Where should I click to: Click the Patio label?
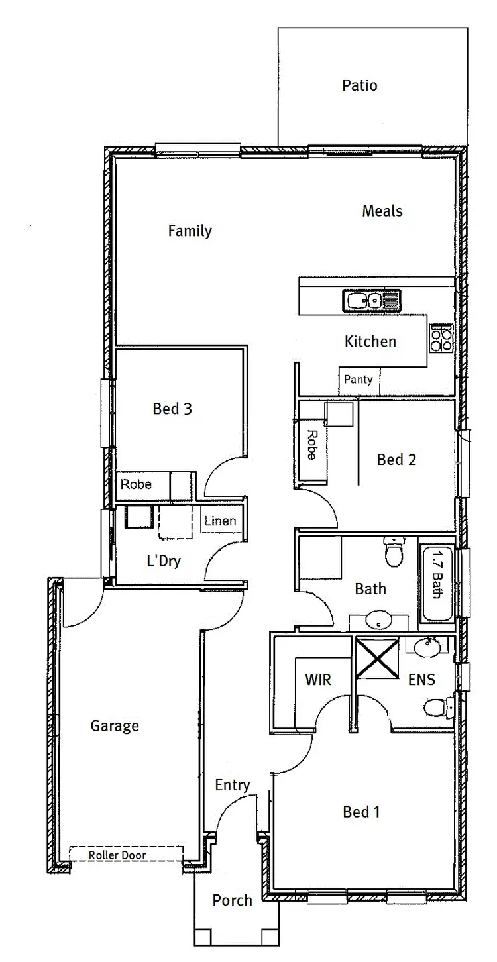click(360, 85)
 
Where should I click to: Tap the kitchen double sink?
click(371, 301)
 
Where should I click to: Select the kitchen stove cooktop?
click(441, 337)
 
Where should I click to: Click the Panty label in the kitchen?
click(359, 380)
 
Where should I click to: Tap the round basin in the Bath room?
click(379, 621)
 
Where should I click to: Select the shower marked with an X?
click(375, 658)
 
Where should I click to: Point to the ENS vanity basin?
click(425, 646)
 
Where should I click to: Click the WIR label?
click(317, 680)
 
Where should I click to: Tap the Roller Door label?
click(117, 855)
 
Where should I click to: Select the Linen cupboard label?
click(220, 521)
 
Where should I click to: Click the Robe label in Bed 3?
click(136, 485)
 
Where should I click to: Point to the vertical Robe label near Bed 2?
click(311, 445)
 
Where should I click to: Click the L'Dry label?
click(163, 561)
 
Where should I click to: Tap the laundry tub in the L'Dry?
click(138, 517)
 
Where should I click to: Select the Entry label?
click(233, 786)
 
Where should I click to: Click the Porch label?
click(232, 900)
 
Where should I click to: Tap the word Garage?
click(115, 726)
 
